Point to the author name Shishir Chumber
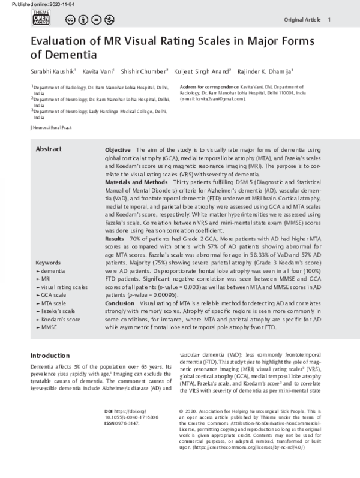[x=143, y=72]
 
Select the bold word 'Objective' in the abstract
[x=118, y=149]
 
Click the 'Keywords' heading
[x=49, y=263]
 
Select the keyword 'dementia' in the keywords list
[x=53, y=271]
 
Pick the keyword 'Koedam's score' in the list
[x=61, y=319]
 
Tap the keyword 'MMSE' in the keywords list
[x=49, y=327]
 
